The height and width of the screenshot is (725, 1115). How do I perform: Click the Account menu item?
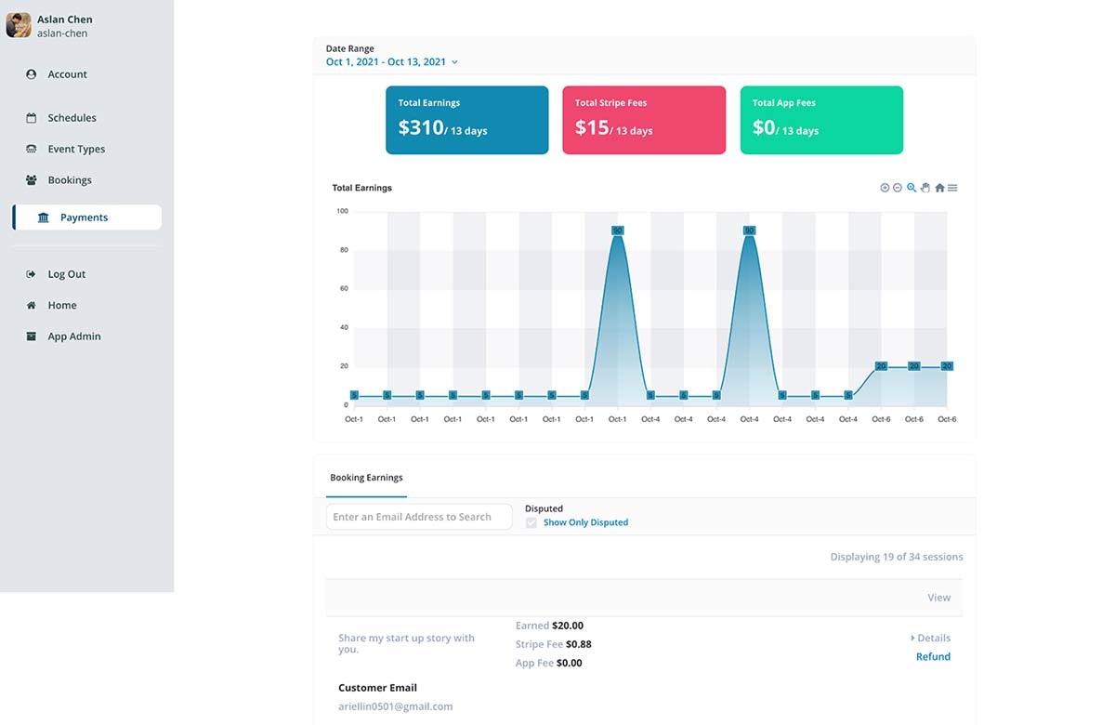pos(67,74)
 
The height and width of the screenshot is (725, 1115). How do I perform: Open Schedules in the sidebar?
pos(72,118)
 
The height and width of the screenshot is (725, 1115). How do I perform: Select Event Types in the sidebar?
pos(76,149)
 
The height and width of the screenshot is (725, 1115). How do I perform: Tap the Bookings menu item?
pos(70,180)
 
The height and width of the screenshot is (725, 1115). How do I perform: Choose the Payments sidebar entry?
pos(85,217)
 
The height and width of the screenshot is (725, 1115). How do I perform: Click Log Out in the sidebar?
pos(66,274)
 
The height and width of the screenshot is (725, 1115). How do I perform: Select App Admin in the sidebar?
pos(73,336)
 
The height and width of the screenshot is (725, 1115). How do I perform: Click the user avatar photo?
pos(19,25)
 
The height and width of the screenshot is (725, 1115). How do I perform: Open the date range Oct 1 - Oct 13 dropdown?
pos(391,62)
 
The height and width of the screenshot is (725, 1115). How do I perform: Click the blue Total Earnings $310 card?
pos(453,120)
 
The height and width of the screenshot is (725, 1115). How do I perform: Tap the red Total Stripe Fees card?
pos(643,120)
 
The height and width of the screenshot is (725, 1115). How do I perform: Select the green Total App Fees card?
pos(821,120)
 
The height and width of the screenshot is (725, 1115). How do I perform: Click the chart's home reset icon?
pos(939,188)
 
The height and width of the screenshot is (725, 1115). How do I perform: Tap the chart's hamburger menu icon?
pos(952,188)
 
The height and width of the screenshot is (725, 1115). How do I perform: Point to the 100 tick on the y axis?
pos(342,211)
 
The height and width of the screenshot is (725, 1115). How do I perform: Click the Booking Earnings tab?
pos(366,478)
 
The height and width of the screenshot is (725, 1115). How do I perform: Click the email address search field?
pos(419,517)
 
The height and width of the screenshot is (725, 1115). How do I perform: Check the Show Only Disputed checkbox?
pos(531,523)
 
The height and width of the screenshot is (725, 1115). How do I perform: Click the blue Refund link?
pos(933,657)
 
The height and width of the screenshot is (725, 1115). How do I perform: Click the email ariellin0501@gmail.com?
pos(395,706)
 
